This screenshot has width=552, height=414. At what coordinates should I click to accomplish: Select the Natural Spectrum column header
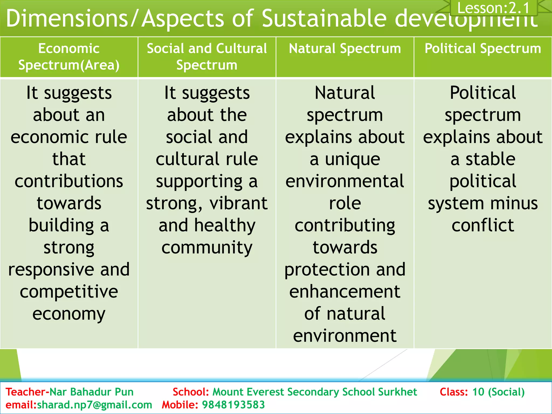(345, 49)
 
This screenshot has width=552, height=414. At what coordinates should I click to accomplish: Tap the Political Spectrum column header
(483, 49)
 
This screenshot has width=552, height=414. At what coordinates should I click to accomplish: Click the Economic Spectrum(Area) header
(69, 57)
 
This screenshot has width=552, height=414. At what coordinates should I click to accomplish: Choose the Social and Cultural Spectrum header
(207, 57)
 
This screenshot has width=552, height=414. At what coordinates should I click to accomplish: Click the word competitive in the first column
(69, 292)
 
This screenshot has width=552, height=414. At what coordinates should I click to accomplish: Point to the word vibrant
(239, 203)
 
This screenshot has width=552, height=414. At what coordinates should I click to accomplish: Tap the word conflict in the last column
(483, 226)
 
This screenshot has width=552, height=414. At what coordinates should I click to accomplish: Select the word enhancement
(345, 292)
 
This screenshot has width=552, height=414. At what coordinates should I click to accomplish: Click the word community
(207, 248)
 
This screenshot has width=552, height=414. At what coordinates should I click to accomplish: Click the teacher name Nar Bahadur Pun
(92, 392)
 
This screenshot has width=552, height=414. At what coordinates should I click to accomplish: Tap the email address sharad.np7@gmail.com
(94, 405)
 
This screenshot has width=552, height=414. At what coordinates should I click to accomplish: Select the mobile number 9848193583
(233, 405)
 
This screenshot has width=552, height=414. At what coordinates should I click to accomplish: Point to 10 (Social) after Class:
(498, 392)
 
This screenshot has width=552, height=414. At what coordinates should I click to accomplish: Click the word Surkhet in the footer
(397, 392)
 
